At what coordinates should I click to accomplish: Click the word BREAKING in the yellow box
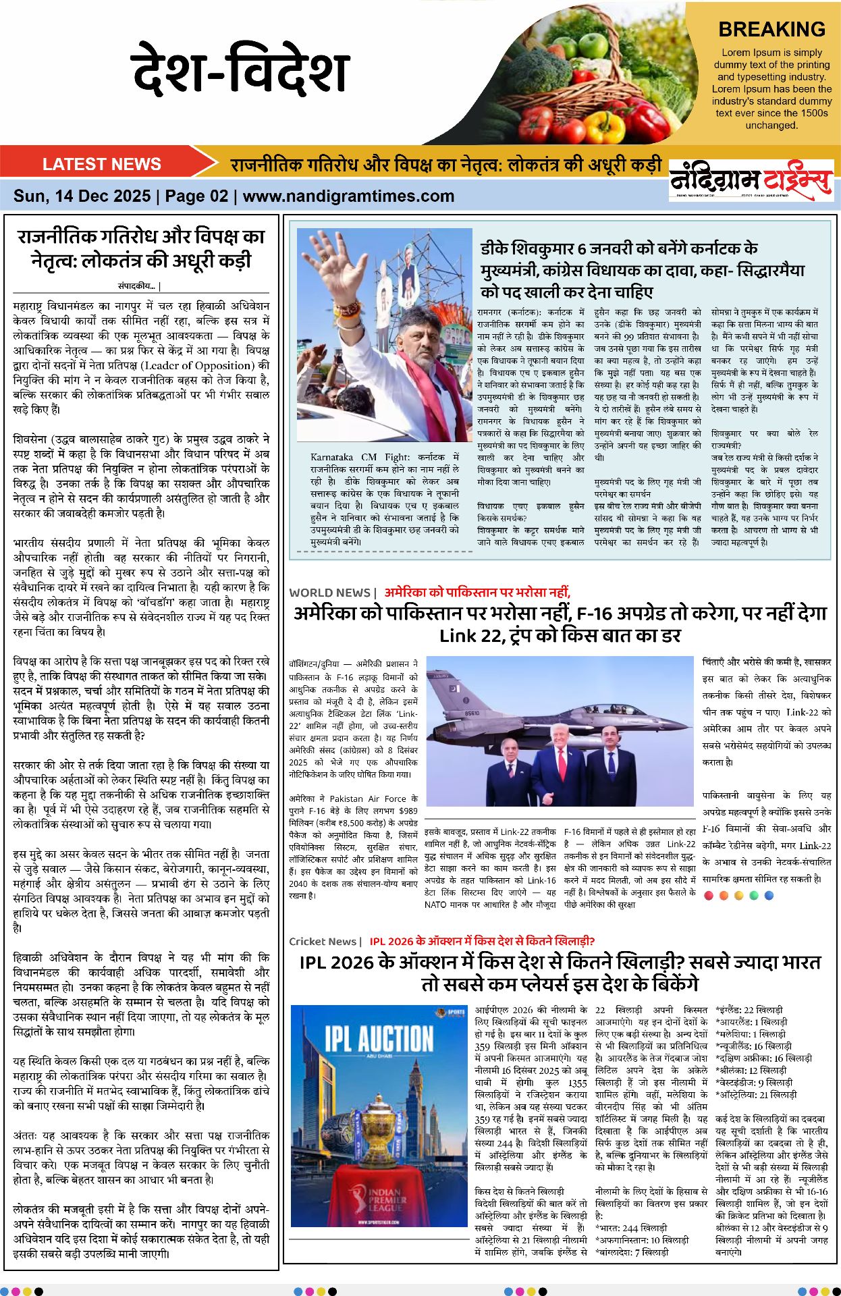(771, 30)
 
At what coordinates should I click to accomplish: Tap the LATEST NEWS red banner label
(101, 164)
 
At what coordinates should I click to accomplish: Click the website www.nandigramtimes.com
(348, 196)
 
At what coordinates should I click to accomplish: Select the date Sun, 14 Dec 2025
(82, 196)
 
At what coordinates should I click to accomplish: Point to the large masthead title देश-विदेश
(240, 70)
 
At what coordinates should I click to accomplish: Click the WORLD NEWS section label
(329, 593)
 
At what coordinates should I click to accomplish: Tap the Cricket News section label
(322, 941)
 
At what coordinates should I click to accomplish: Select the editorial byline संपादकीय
(139, 286)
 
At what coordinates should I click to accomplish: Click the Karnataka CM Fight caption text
(344, 457)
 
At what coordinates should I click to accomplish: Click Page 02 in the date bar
(196, 196)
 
